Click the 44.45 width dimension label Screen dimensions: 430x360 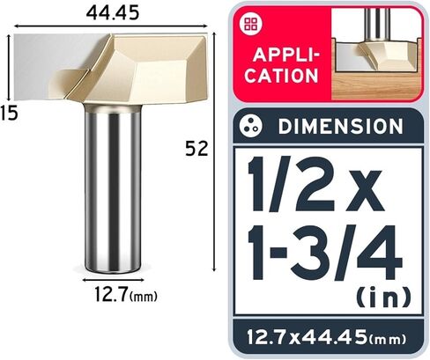pos(113,13)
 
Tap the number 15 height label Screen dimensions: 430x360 pos(9,113)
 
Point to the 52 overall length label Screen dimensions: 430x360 pos(196,149)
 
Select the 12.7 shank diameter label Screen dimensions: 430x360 pos(111,294)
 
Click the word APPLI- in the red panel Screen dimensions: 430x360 pos(286,55)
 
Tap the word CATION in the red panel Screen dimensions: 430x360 pos(281,76)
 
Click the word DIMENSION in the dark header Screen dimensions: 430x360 pos(341,127)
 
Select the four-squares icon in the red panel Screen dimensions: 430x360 pos(251,25)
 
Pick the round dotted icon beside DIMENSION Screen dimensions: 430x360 pos(250,126)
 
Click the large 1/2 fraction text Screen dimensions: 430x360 pos(292,184)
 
